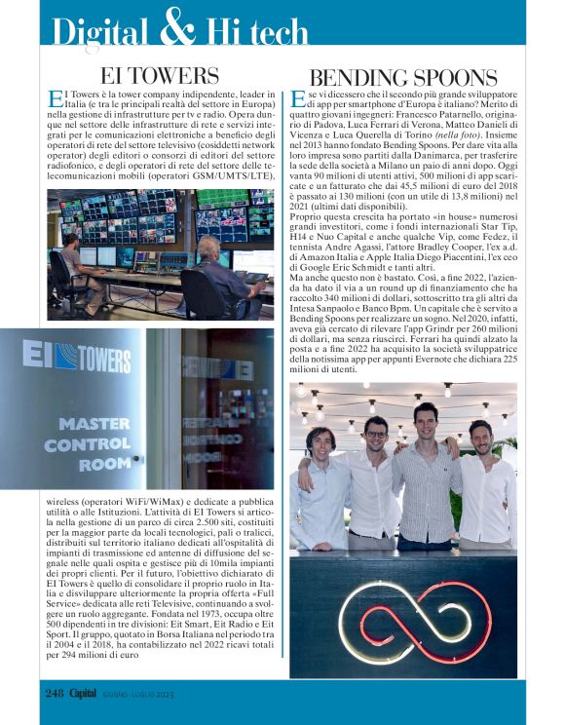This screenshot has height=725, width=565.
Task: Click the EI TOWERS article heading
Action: [x=159, y=75]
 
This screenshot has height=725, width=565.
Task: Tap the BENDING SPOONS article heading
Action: [x=402, y=77]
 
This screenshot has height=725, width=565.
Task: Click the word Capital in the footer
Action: [x=95, y=693]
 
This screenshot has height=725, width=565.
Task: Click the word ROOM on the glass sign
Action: [x=105, y=465]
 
